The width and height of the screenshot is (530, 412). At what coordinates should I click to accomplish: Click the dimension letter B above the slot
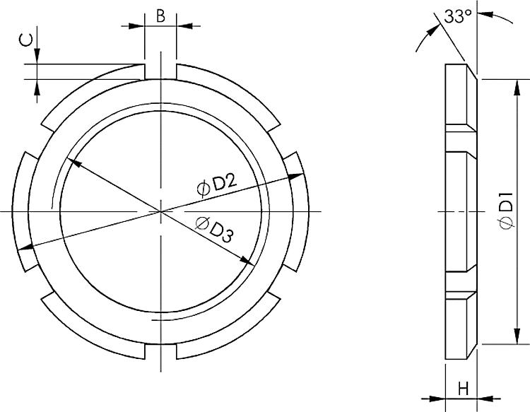pos(161,16)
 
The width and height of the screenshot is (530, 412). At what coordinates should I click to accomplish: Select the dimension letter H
pos(463,388)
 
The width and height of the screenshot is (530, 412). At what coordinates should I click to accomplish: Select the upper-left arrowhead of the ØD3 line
pos(74,163)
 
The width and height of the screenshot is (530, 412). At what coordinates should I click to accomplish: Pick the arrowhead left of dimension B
pos(139,26)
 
